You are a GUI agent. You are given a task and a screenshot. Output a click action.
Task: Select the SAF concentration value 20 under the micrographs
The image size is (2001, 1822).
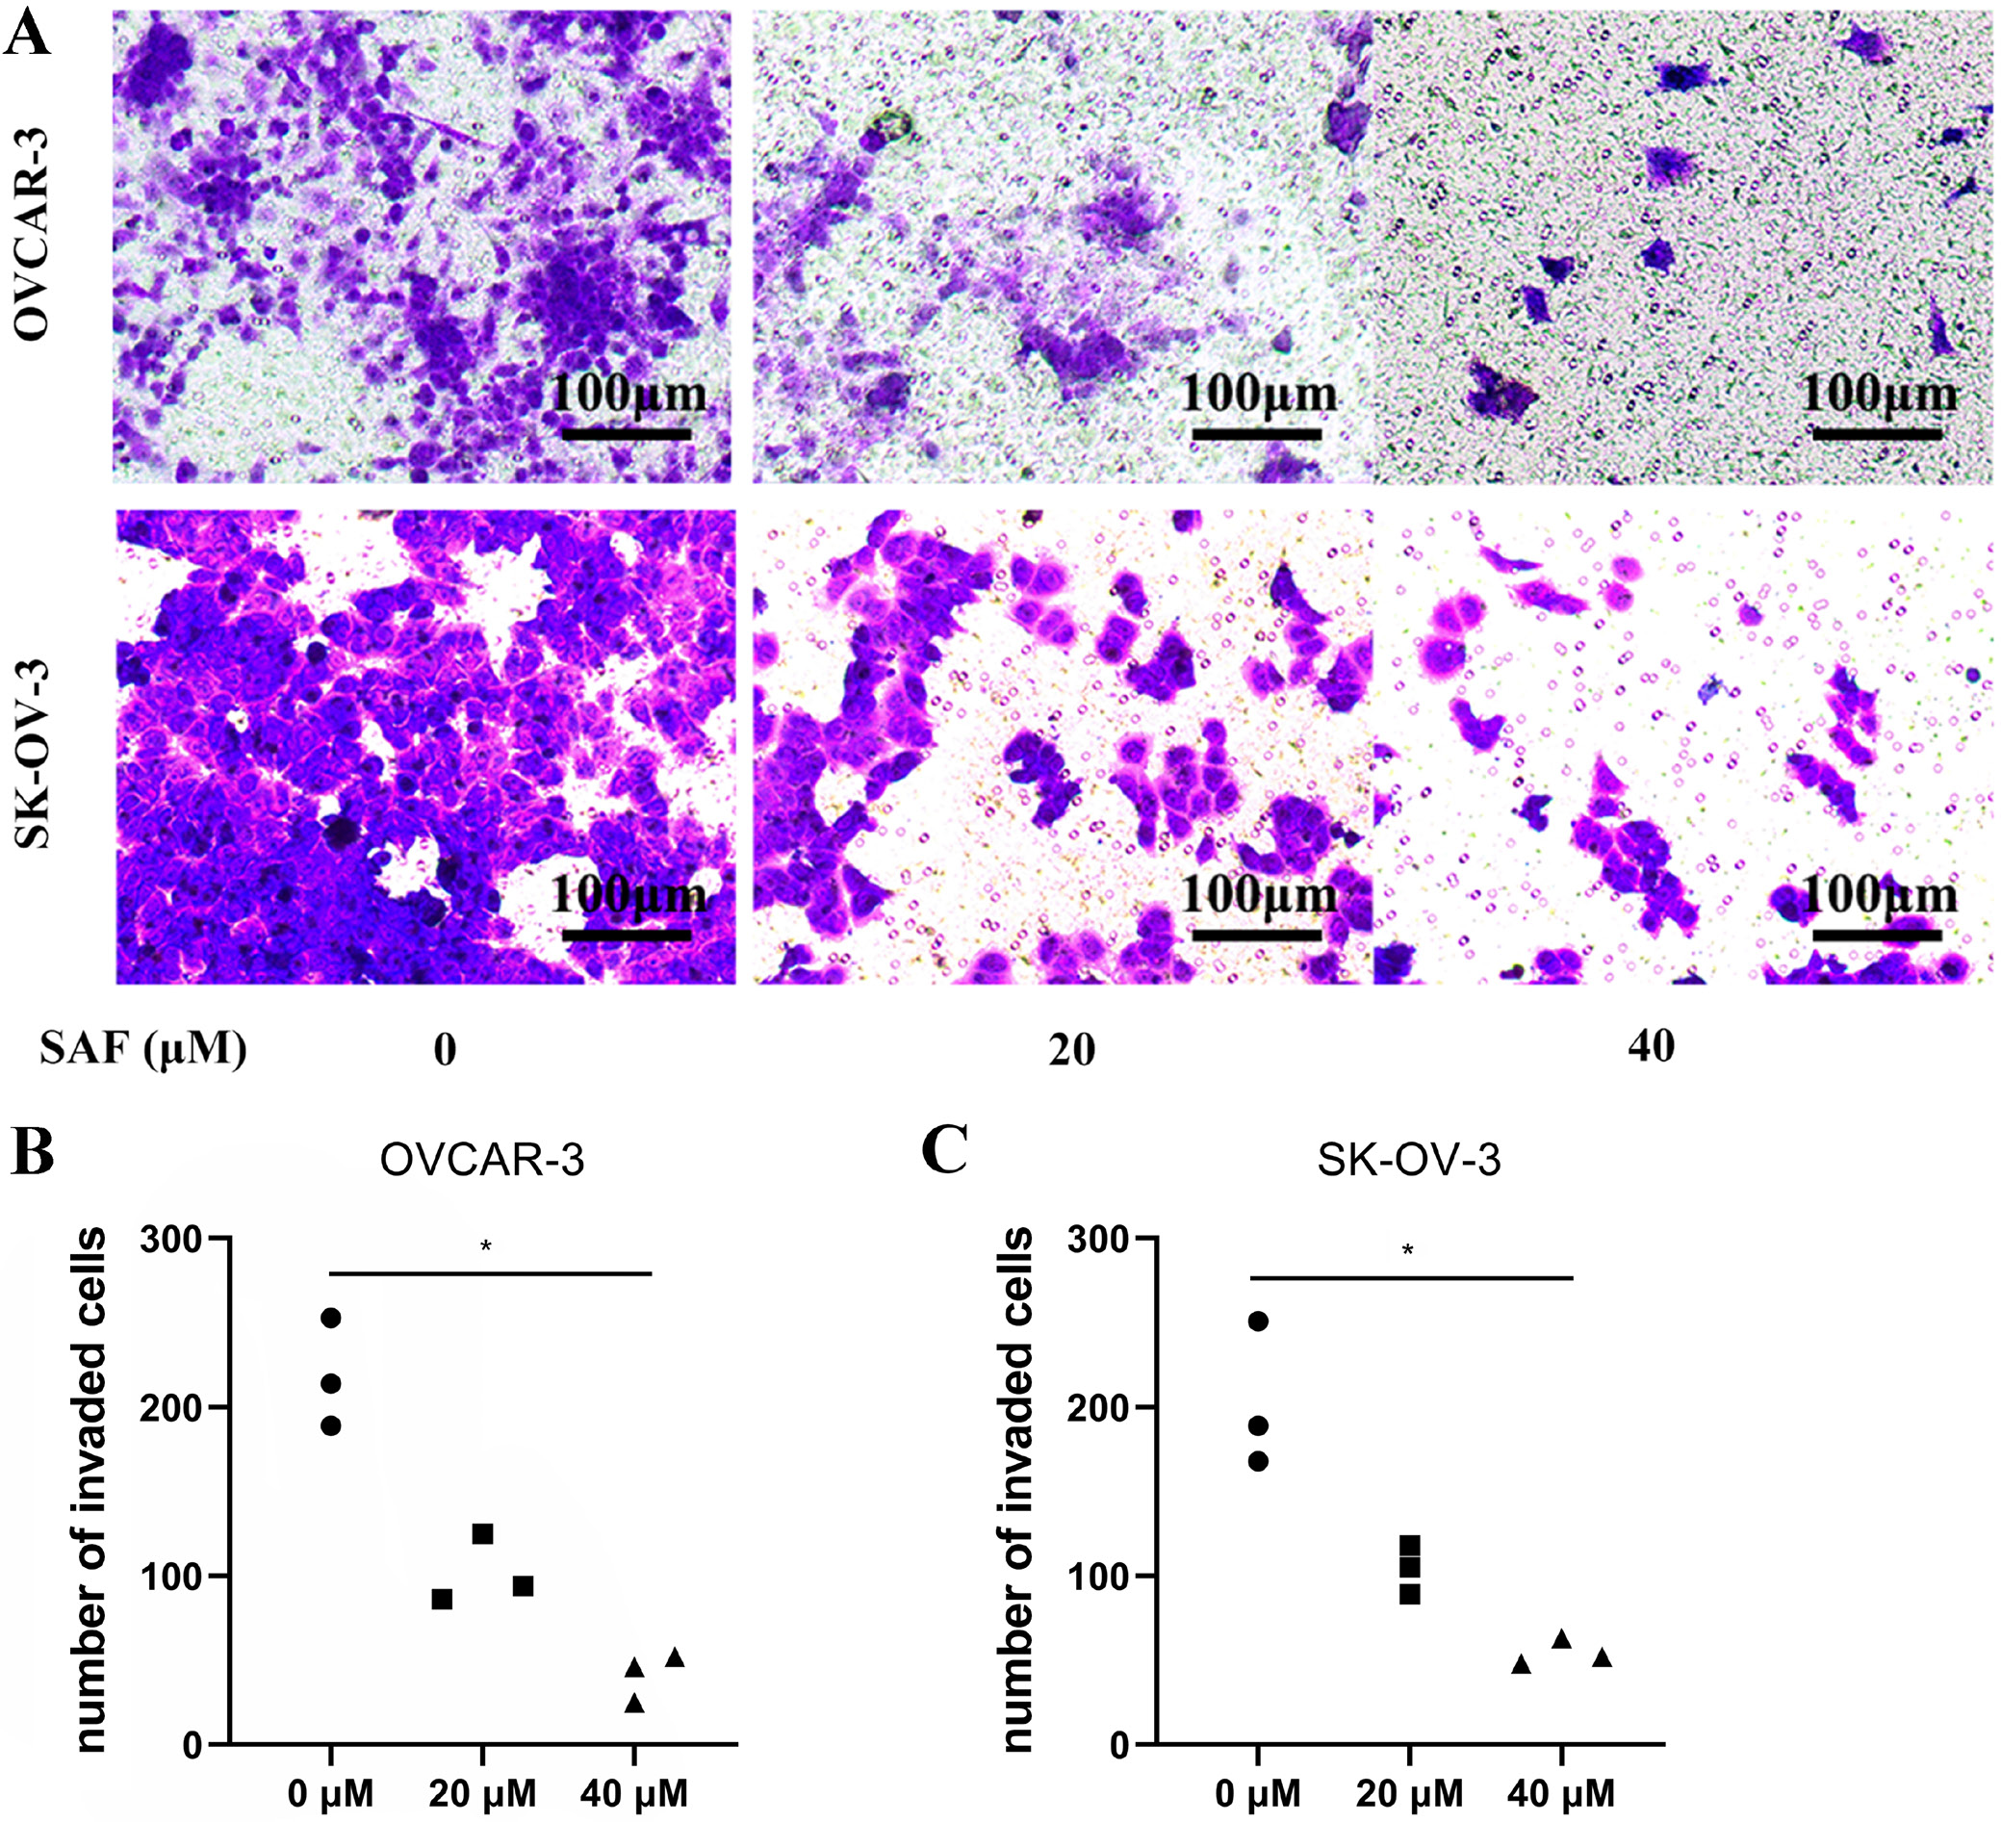(x=1071, y=1050)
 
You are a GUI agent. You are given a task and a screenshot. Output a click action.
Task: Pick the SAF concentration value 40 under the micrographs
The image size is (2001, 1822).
(x=1651, y=1046)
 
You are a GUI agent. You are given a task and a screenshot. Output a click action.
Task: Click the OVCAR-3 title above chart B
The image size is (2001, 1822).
(x=482, y=1160)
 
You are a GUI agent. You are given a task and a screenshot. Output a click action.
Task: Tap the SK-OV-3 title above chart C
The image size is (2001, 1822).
(x=1408, y=1160)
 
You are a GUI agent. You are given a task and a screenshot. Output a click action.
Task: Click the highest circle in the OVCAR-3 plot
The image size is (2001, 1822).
(x=330, y=1318)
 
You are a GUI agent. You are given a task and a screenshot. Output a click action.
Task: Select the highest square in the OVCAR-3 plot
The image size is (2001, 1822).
(x=482, y=1534)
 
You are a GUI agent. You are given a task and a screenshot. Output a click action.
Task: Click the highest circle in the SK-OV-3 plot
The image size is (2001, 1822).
(x=1258, y=1321)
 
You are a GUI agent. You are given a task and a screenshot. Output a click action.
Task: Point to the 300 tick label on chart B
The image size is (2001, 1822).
(x=169, y=1240)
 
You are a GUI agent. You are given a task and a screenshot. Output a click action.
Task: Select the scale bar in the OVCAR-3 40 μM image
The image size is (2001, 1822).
(x=1876, y=434)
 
